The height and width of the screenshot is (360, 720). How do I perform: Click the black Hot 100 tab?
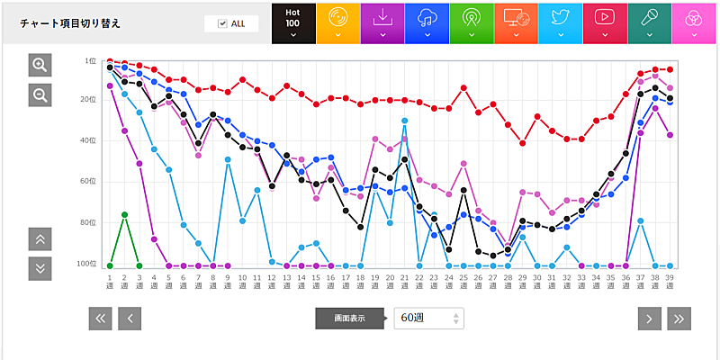[x=293, y=22]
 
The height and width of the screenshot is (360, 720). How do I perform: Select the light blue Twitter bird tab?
[x=560, y=22]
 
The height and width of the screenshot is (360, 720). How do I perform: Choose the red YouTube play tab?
[x=605, y=22]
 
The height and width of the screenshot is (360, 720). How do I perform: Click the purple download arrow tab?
[x=382, y=22]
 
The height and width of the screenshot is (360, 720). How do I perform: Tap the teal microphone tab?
[x=649, y=22]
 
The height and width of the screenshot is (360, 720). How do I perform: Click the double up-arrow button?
[x=40, y=238]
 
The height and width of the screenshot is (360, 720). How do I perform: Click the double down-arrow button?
[x=40, y=268]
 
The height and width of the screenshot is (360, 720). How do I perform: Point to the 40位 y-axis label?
[x=90, y=140]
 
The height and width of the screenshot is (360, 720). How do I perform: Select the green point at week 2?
[x=124, y=214]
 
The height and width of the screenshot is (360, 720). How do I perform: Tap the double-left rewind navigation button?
[x=101, y=318]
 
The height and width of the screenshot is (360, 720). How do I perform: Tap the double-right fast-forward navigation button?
[x=679, y=318]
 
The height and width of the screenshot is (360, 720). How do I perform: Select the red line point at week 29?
[x=523, y=143]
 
